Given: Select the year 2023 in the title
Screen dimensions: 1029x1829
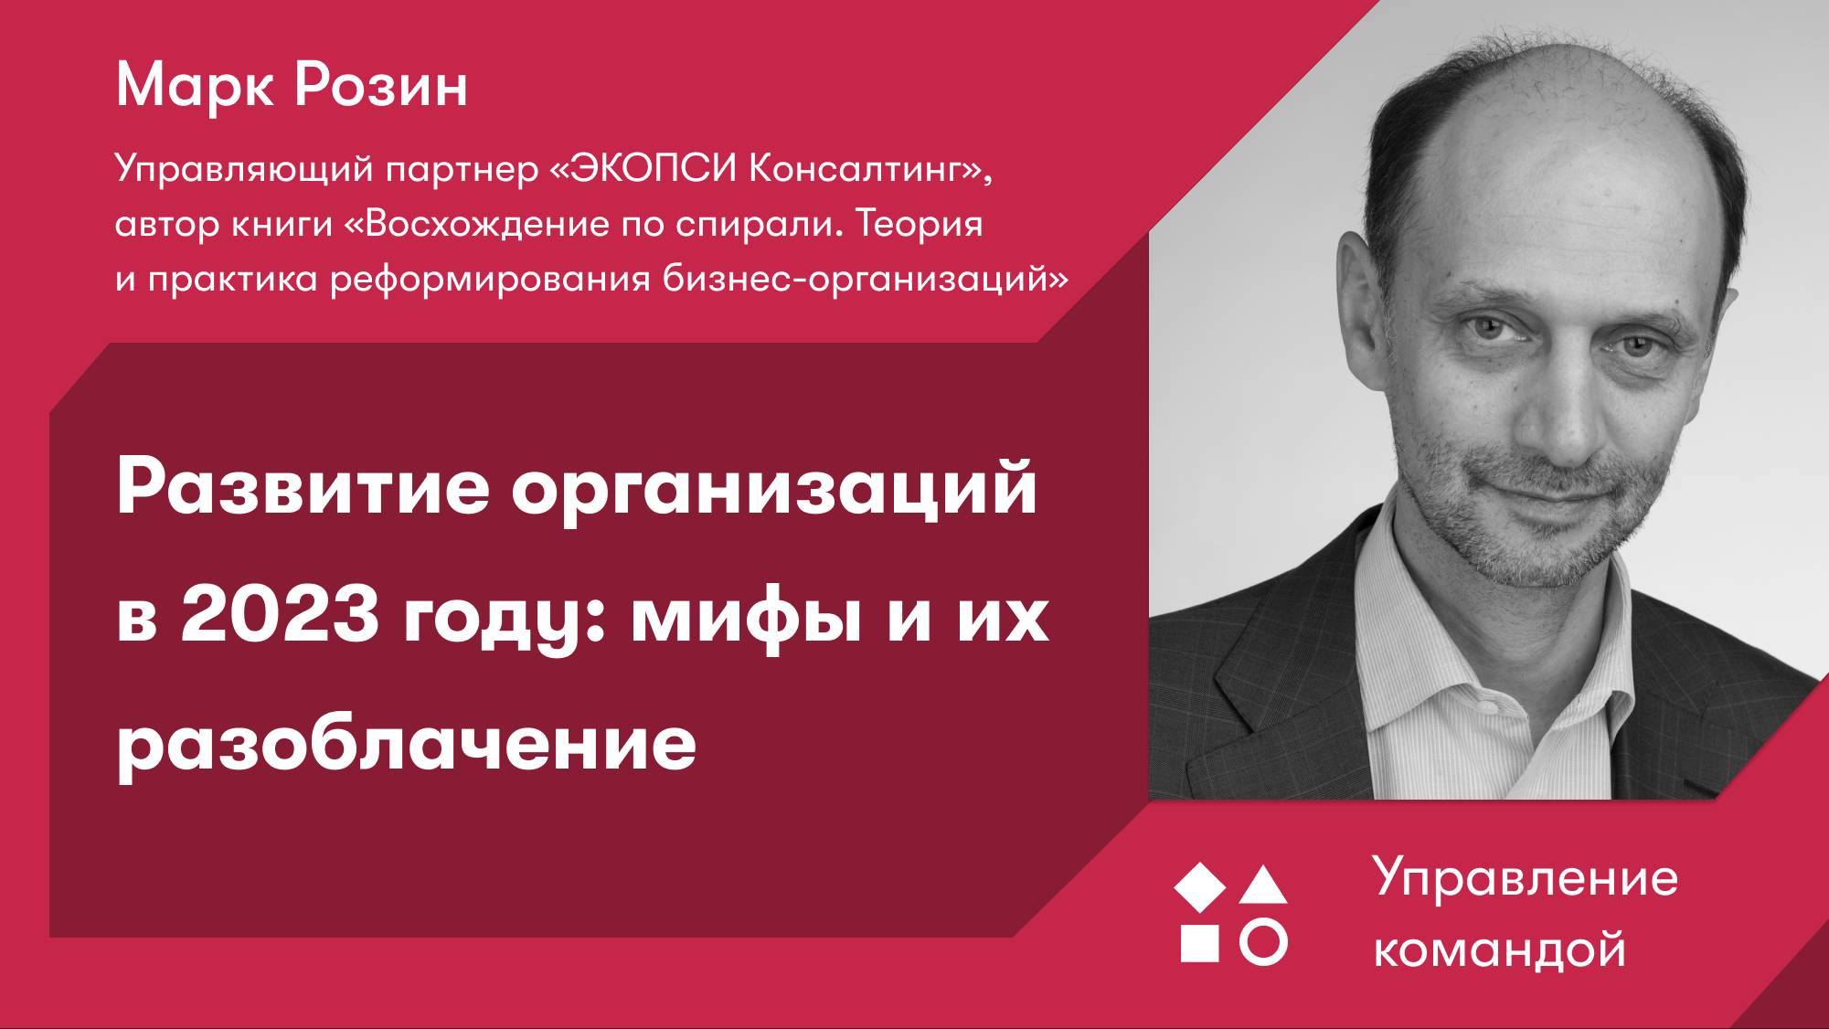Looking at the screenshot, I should [x=279, y=616].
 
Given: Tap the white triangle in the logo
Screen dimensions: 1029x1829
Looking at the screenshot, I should [x=1263, y=886].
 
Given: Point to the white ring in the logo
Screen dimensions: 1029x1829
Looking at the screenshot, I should [x=1263, y=942].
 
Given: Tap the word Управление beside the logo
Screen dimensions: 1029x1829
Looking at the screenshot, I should [x=1526, y=879].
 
